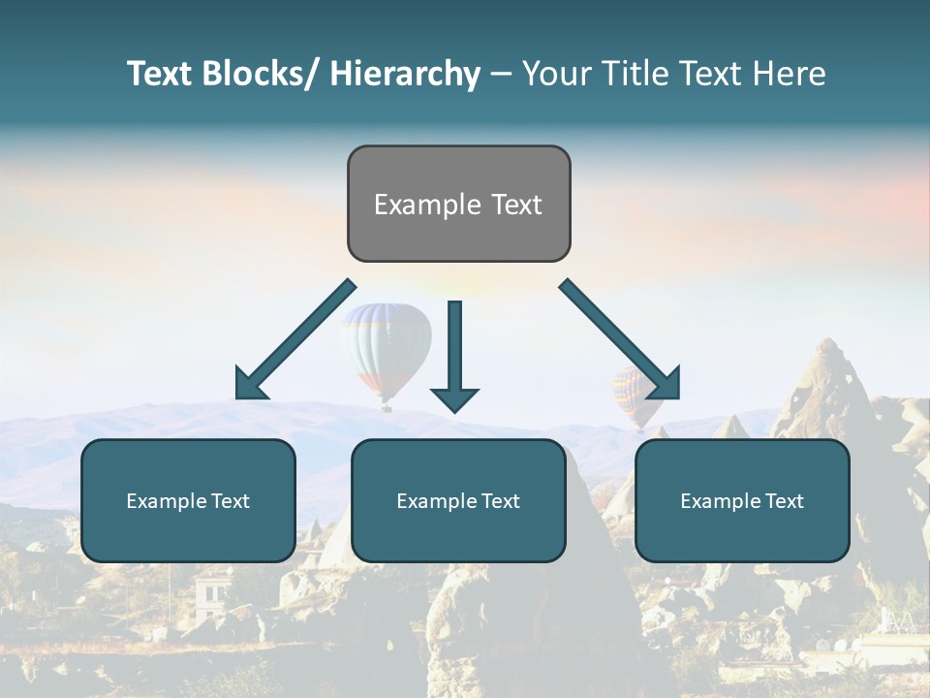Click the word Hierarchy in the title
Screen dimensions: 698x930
pyautogui.click(x=405, y=75)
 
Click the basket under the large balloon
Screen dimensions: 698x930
pyautogui.click(x=387, y=407)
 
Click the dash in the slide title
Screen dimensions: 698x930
pyautogui.click(x=501, y=75)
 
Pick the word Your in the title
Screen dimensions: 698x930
pyautogui.click(x=556, y=75)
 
